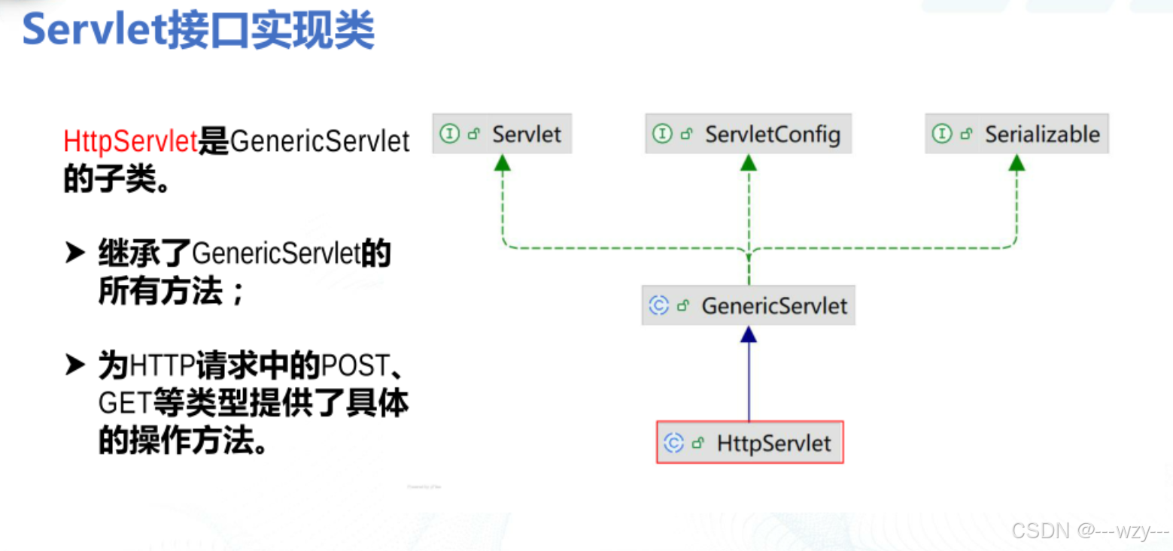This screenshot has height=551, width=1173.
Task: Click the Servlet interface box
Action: click(x=502, y=135)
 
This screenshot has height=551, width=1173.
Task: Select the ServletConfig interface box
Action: click(x=748, y=135)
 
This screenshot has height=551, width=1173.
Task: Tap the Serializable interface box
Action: click(x=1016, y=135)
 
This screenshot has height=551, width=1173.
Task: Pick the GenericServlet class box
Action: click(x=748, y=306)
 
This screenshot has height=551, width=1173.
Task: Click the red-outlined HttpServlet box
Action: click(x=749, y=443)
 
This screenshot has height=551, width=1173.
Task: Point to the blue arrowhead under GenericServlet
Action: click(x=748, y=335)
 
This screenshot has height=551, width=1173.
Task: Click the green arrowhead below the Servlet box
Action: click(x=503, y=162)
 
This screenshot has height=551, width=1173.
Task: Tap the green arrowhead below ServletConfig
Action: click(x=748, y=162)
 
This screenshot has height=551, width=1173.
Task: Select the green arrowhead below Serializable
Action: click(x=1016, y=162)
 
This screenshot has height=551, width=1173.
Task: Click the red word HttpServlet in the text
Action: click(x=130, y=141)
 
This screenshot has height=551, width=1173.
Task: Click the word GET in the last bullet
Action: click(x=125, y=404)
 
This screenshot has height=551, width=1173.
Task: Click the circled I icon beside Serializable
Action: click(x=942, y=135)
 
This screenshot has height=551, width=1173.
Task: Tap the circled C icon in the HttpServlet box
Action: click(x=673, y=444)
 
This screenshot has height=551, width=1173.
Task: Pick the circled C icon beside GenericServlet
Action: click(x=658, y=306)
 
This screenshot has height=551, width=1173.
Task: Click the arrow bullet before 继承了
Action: click(x=75, y=254)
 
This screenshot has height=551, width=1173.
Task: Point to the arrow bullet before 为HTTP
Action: click(x=75, y=366)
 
